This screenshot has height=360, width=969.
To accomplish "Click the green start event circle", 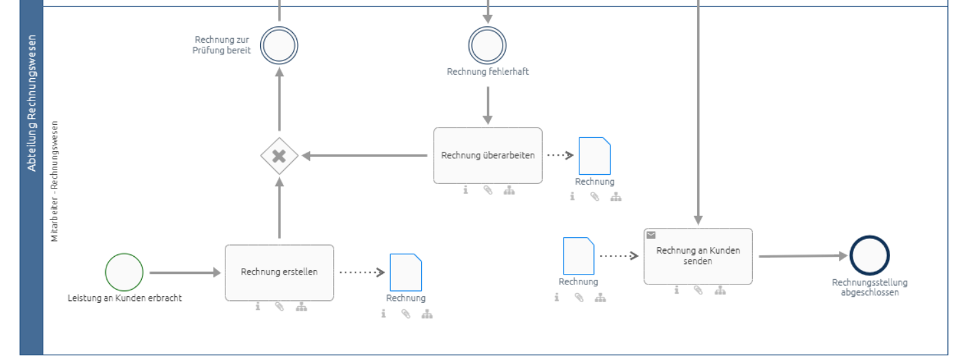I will click(x=124, y=273).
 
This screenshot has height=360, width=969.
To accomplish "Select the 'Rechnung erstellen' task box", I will click(x=279, y=273).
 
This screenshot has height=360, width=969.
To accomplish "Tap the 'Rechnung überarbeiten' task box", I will click(x=487, y=156).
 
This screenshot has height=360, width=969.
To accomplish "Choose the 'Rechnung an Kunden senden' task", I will click(x=698, y=256).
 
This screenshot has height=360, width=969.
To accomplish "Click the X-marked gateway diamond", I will click(x=279, y=156).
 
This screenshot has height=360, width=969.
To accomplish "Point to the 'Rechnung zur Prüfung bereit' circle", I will click(x=279, y=46).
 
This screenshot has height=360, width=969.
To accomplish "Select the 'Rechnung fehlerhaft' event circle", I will click(x=487, y=46).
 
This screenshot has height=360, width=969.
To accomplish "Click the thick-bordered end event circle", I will click(x=869, y=256).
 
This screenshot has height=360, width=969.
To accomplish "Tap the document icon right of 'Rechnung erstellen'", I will click(x=405, y=272).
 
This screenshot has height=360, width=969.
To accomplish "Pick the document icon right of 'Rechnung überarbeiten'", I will click(x=595, y=156).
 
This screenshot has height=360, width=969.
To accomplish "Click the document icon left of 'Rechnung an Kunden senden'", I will click(x=579, y=256).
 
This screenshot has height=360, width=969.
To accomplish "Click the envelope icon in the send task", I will click(x=651, y=235).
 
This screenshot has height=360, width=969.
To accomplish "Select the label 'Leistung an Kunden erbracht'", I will click(x=125, y=298).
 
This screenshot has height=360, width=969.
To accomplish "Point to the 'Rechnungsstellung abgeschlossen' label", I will click(x=870, y=288).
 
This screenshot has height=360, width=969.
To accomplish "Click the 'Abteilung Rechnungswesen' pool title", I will click(x=32, y=103).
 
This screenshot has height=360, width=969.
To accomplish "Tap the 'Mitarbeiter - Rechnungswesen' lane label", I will click(x=55, y=181).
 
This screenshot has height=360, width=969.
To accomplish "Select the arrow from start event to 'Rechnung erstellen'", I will click(x=185, y=273).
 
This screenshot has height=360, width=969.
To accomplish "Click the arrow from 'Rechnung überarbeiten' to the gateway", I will click(x=365, y=156).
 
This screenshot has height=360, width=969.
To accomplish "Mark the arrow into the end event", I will click(x=803, y=256).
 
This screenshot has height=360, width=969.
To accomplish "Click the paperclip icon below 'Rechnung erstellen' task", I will click(x=279, y=307).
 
